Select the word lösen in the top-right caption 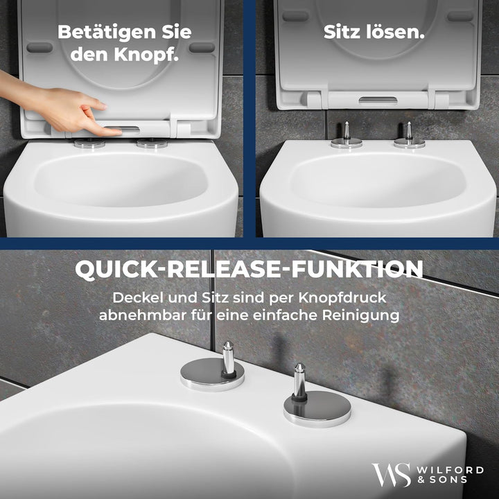pyautogui.click(x=398, y=31)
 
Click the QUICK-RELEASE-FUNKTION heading pyautogui.click(x=249, y=270)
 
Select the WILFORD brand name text pyautogui.click(x=451, y=470)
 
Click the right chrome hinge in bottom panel pyautogui.click(x=306, y=402)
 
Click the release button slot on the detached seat pyautogui.click(x=378, y=100)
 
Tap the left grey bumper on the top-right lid pyautogui.click(x=296, y=15)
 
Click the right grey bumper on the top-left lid pyautogui.click(x=202, y=47)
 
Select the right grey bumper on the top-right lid pyautogui.click(x=461, y=15)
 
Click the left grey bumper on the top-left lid pyautogui.click(x=40, y=47)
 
